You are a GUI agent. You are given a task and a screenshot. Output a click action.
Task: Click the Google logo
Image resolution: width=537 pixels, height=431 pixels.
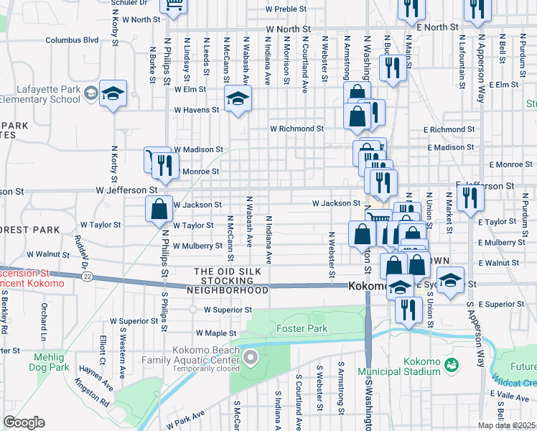tap(24, 422)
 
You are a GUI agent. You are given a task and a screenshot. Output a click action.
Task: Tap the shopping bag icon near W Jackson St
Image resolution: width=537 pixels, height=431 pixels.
tap(159, 210)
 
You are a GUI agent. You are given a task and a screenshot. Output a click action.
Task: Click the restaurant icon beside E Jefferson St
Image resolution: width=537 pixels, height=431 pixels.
tap(470, 195)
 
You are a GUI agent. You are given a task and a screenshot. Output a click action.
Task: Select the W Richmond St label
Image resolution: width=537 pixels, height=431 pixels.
tap(296, 129)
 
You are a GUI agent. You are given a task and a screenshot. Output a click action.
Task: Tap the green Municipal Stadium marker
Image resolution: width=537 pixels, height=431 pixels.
tap(452, 366)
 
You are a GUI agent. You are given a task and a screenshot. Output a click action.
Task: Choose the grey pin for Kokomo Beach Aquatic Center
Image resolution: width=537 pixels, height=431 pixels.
tap(250, 356)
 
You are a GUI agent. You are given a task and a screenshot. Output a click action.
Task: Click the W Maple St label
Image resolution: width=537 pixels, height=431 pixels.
tap(216, 333)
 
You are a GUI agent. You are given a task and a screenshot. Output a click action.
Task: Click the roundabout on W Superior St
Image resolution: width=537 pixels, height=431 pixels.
tap(192, 310)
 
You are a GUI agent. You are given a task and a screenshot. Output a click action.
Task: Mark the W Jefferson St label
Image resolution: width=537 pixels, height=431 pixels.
tap(127, 190)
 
